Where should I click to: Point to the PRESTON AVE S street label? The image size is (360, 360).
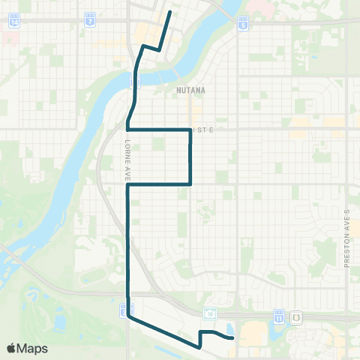347,239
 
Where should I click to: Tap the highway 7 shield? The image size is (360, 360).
90,20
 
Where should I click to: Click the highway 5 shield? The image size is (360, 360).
242,25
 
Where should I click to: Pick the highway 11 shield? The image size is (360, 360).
279,318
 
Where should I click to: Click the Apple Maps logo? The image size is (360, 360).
27,348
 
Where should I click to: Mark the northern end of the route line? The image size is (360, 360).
170,12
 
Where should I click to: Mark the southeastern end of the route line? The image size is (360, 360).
233,338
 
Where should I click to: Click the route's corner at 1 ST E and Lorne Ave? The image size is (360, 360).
128,130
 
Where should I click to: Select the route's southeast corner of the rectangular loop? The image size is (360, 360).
190,184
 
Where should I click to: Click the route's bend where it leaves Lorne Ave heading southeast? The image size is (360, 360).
128,316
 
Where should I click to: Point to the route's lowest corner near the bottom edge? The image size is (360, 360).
200,347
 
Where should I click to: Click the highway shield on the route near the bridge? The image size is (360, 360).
132,83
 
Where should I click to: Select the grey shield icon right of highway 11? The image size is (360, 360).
297,318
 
